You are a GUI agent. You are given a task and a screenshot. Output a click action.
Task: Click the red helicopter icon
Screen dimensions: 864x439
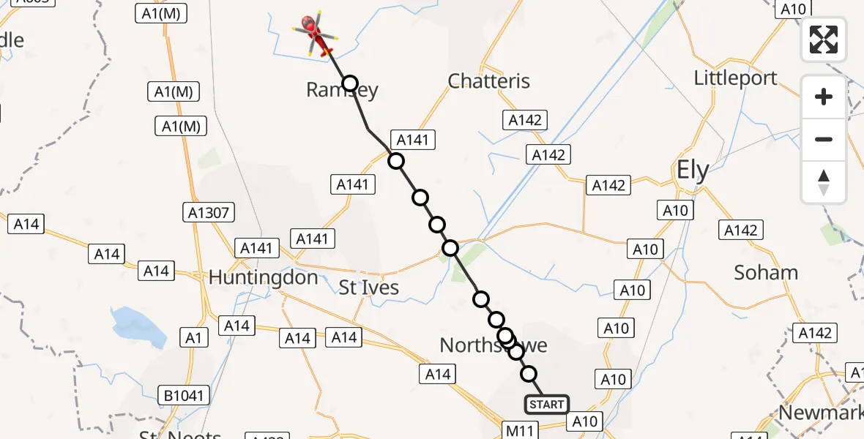tap(315, 34)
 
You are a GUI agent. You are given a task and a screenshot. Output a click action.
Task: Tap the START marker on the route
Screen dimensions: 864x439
tap(546, 405)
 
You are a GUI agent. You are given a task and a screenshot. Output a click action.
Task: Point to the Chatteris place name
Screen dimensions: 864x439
tap(488, 80)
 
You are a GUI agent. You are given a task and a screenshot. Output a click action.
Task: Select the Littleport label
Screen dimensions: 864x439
tap(735, 78)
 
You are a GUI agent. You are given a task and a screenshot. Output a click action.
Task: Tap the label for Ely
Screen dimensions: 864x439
tap(692, 171)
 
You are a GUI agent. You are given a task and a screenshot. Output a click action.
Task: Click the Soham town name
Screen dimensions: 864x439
tap(766, 273)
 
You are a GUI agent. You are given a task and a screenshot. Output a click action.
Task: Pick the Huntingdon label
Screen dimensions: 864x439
tap(263, 277)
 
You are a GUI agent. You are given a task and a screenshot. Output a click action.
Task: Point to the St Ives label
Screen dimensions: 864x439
tap(369, 288)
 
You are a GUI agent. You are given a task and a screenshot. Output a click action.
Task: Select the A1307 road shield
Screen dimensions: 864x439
tap(208, 213)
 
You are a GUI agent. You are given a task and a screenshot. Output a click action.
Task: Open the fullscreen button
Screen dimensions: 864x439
tap(824, 40)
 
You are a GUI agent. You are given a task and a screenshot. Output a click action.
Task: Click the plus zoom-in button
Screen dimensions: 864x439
tap(824, 97)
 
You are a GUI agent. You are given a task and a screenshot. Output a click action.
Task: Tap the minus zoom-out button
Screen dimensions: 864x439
tap(824, 139)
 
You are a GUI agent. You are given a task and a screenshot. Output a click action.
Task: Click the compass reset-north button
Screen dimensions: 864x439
tap(824, 182)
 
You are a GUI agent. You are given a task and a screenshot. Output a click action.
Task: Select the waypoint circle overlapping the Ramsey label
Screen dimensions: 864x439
tap(350, 83)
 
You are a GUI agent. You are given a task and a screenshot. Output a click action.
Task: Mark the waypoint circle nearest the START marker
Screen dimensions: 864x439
tap(529, 375)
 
